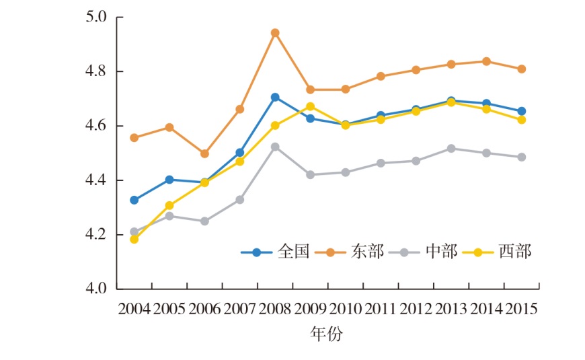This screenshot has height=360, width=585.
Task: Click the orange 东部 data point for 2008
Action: (x=275, y=32)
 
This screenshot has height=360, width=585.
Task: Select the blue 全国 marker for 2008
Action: (x=275, y=97)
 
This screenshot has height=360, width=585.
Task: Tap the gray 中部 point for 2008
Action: (x=275, y=146)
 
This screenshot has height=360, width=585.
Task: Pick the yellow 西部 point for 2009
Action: (x=310, y=106)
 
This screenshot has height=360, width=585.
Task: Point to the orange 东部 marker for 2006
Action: (x=205, y=153)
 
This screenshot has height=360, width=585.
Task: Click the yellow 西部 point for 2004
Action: (x=134, y=239)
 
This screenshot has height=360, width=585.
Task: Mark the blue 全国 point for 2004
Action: (x=134, y=200)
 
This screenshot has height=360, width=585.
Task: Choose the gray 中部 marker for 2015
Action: (x=521, y=157)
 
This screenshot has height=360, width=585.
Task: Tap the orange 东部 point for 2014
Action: (x=486, y=61)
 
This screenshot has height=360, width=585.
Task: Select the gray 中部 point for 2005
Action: (x=169, y=216)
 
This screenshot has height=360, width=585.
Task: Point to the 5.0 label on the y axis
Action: (x=97, y=17)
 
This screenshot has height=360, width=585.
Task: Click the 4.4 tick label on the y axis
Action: (x=97, y=180)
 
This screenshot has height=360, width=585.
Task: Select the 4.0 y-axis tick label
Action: (x=97, y=289)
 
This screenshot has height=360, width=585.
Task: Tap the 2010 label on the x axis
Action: (x=346, y=310)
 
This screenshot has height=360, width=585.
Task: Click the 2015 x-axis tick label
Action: (x=521, y=310)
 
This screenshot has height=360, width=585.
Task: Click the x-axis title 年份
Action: (x=326, y=333)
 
